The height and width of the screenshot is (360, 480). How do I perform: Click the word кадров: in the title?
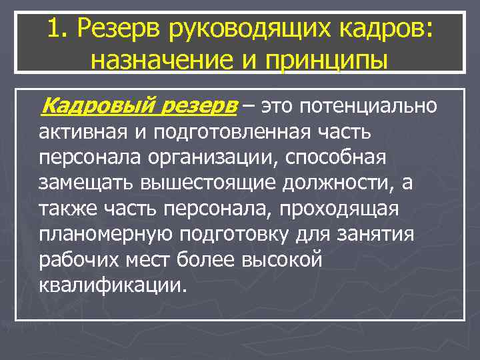pyautogui.click(x=387, y=28)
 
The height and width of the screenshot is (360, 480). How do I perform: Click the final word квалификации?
pyautogui.click(x=109, y=285)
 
